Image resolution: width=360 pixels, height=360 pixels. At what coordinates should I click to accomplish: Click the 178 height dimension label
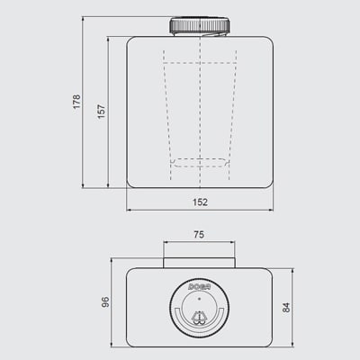click(x=76, y=103)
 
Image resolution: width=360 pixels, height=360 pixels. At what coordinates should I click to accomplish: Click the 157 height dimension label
click(x=102, y=109)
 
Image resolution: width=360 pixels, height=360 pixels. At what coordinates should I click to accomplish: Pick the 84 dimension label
click(x=286, y=306)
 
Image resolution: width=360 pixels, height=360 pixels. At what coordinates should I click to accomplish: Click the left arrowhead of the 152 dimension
click(x=129, y=211)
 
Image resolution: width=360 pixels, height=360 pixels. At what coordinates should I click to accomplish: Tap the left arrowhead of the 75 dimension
click(x=165, y=243)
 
